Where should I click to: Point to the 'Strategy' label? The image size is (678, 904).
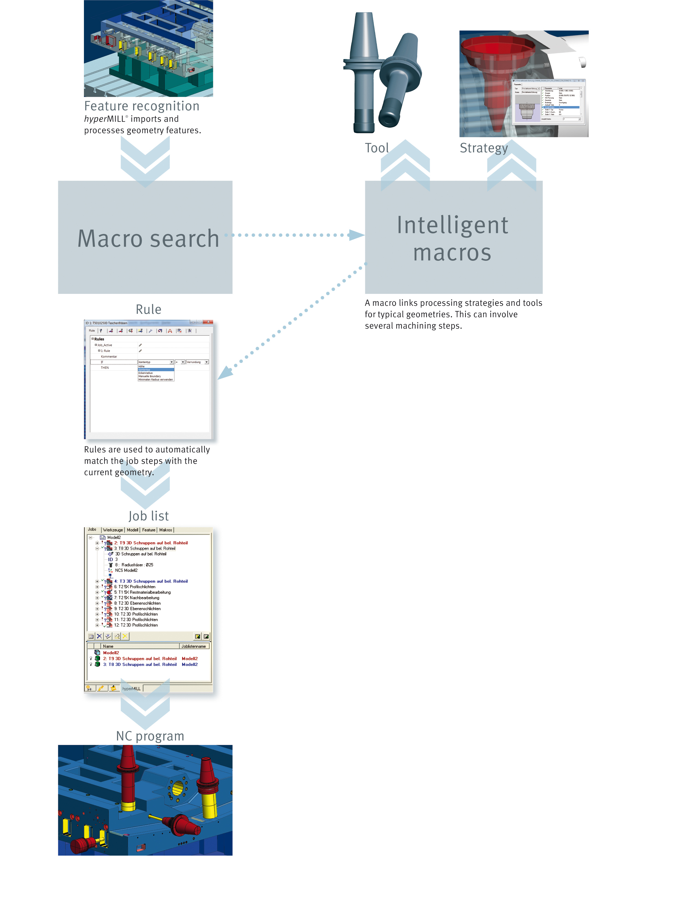pos(483,148)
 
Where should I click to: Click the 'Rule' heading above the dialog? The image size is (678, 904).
pos(148,309)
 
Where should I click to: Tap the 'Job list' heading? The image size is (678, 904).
pos(148,516)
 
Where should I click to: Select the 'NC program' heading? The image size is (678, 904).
pos(150,736)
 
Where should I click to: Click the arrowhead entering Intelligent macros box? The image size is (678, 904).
pos(356,235)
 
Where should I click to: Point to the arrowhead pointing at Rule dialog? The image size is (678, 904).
pos(224,372)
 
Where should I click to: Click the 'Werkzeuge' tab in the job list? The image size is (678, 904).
pos(113,530)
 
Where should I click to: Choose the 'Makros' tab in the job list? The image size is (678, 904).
pos(165,530)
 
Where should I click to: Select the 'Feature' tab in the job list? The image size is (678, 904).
pos(149,530)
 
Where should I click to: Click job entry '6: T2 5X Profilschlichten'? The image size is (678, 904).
pos(135,587)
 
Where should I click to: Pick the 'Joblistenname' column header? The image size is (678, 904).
pos(194,646)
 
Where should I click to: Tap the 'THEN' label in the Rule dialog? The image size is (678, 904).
pos(105,368)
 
